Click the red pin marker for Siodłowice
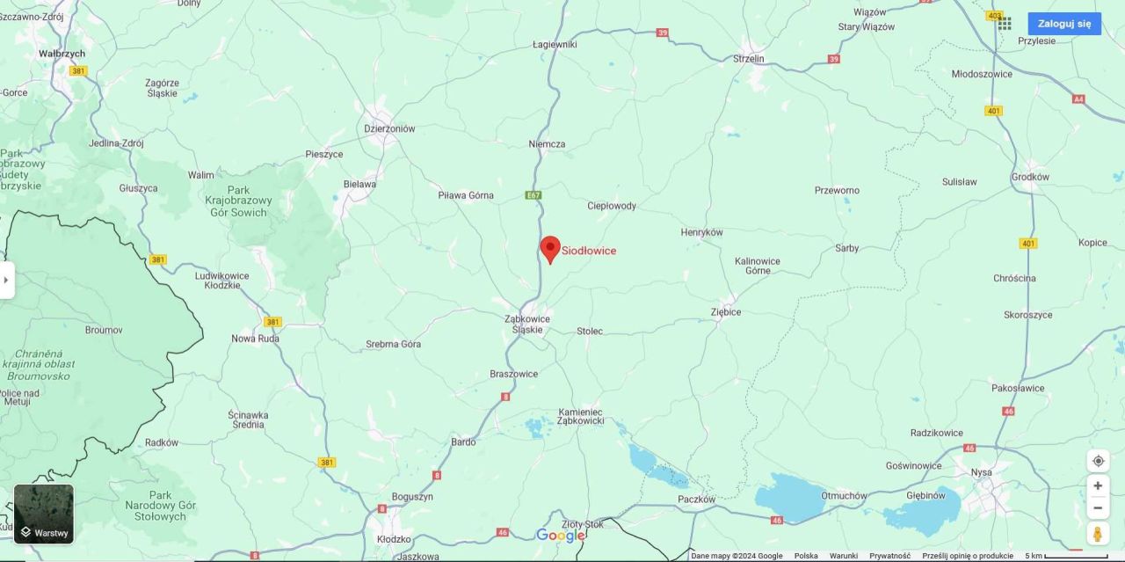pyautogui.click(x=550, y=249)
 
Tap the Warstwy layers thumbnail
pyautogui.click(x=44, y=514)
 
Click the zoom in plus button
pyautogui.click(x=1098, y=485)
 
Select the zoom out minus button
pyautogui.click(x=1098, y=507)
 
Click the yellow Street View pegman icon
pyautogui.click(x=1098, y=533)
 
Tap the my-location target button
pyautogui.click(x=1098, y=461)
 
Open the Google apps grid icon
pyautogui.click(x=1004, y=24)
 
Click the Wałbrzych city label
pyautogui.click(x=62, y=54)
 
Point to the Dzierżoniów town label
pyautogui.click(x=389, y=128)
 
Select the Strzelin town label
pyautogui.click(x=749, y=59)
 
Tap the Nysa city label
pyautogui.click(x=982, y=472)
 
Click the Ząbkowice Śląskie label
pyautogui.click(x=527, y=324)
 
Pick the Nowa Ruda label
pyautogui.click(x=255, y=339)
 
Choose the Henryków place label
pyautogui.click(x=701, y=232)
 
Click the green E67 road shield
pyautogui.click(x=533, y=195)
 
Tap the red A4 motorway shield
pyautogui.click(x=1078, y=99)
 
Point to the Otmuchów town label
pyautogui.click(x=844, y=495)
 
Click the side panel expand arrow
pyautogui.click(x=6, y=280)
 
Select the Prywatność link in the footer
pyautogui.click(x=889, y=556)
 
